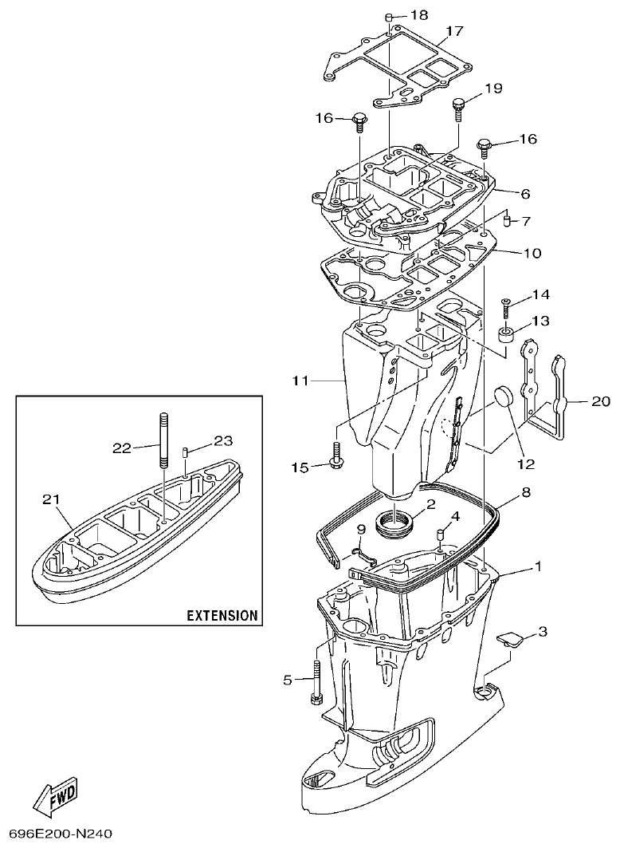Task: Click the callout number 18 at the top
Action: [x=419, y=15]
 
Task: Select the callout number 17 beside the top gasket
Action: [x=454, y=31]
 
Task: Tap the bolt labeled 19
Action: [x=459, y=105]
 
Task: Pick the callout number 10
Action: [x=532, y=254]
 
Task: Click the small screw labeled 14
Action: [x=505, y=303]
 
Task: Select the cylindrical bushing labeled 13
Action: [x=505, y=332]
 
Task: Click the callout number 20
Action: [x=600, y=402]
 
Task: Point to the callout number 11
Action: [x=300, y=381]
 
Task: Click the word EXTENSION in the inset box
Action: [x=222, y=615]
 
